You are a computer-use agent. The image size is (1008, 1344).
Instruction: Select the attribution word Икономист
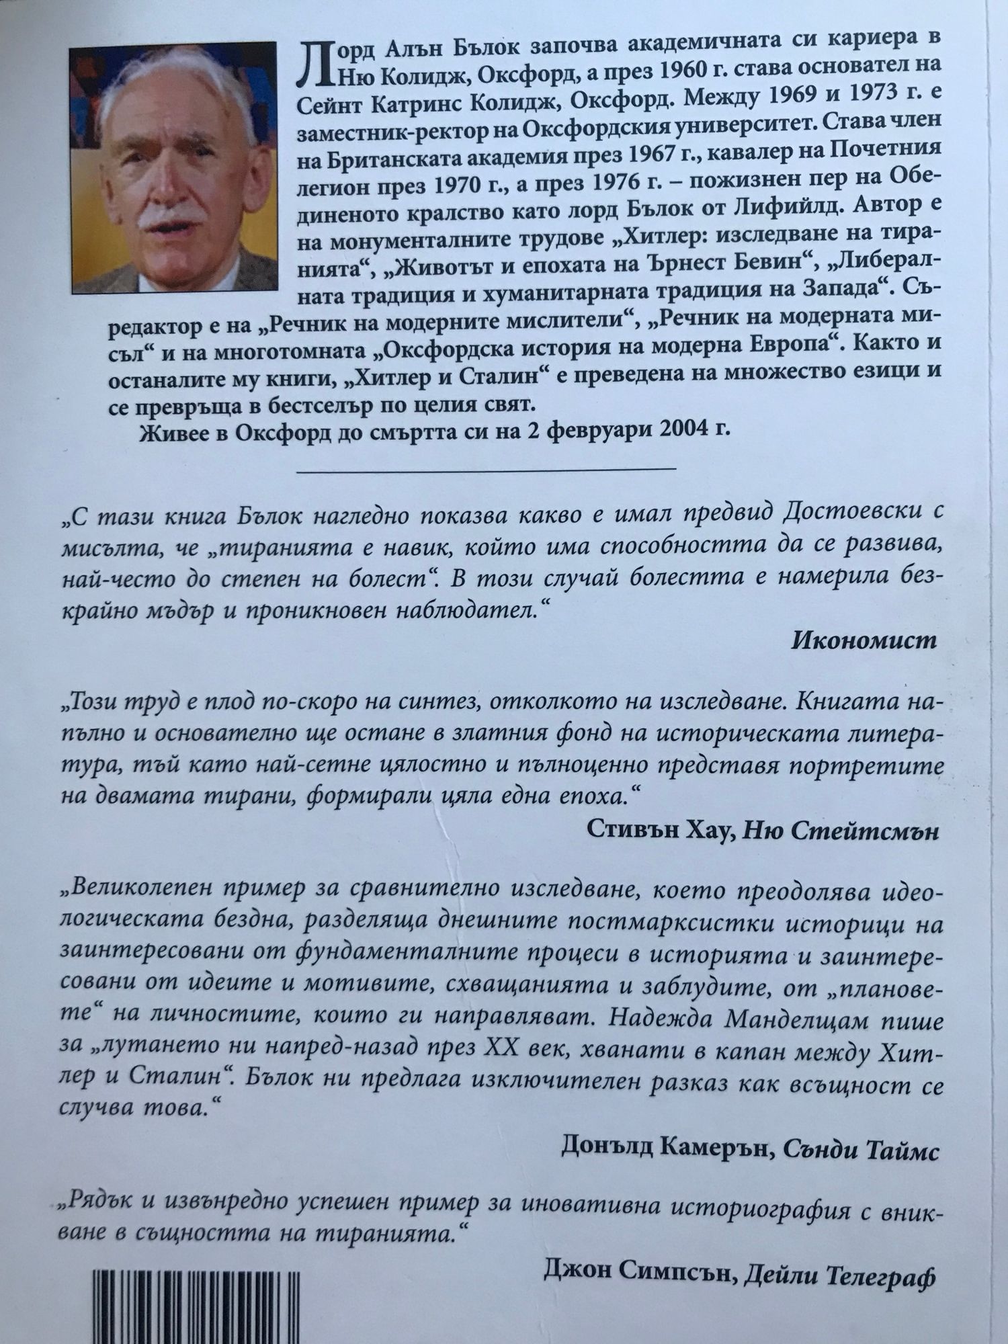coord(863,640)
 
